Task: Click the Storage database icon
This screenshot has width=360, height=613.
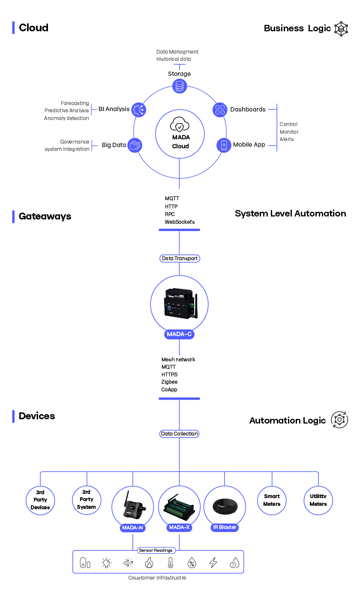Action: tap(180, 86)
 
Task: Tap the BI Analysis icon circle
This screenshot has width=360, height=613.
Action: tap(138, 109)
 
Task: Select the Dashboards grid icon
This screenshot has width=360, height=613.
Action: tap(220, 109)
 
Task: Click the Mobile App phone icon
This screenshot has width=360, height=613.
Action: tap(224, 145)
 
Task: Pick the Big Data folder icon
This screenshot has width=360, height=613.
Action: tap(135, 145)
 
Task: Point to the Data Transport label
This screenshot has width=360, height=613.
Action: tap(180, 258)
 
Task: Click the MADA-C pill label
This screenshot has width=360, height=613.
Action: tap(179, 334)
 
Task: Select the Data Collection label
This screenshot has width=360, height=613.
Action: tap(180, 434)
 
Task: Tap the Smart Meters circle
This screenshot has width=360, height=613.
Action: tap(272, 500)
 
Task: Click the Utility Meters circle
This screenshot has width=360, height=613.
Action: tap(318, 500)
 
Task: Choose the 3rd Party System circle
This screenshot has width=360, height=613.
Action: tap(87, 500)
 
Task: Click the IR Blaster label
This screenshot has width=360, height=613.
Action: tap(225, 527)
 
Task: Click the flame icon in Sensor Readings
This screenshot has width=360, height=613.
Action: tap(149, 563)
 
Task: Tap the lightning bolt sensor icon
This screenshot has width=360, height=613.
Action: tap(213, 563)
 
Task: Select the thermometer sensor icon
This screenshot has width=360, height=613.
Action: tap(171, 563)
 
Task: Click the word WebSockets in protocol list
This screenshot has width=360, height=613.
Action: tap(180, 222)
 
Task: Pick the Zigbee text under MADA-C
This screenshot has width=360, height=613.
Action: tap(169, 382)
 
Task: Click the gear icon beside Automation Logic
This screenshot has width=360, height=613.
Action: tap(339, 420)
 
